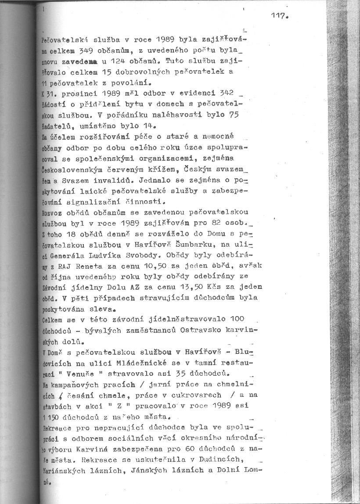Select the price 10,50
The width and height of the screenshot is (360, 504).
pos(144,266)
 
